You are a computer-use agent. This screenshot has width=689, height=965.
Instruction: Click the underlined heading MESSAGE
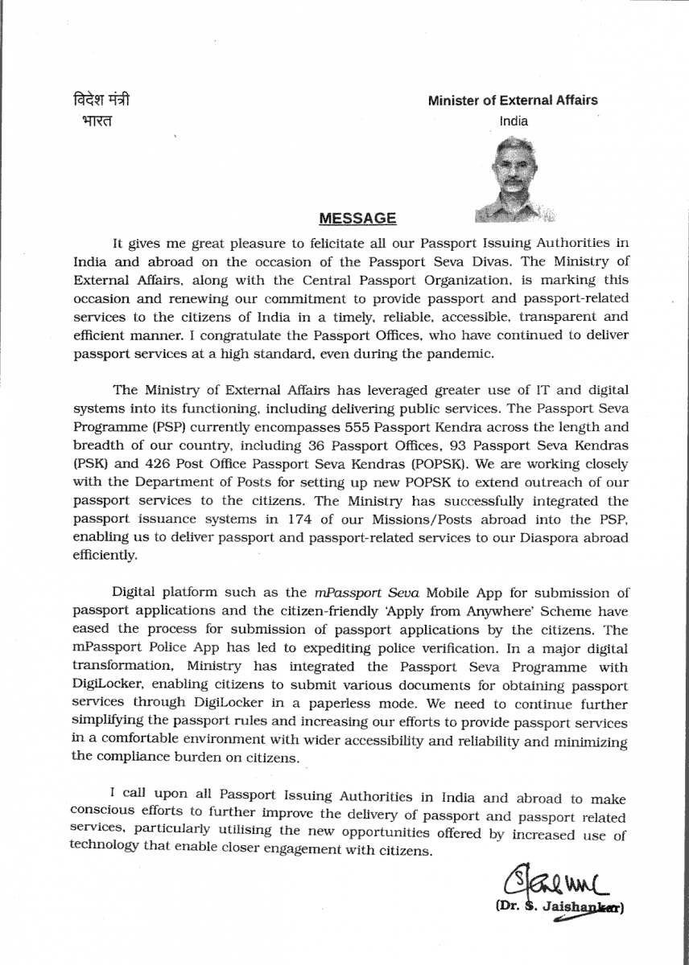tap(357, 218)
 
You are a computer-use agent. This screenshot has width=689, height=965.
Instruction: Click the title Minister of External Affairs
tap(513, 101)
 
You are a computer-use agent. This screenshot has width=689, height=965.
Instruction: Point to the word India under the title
tap(514, 121)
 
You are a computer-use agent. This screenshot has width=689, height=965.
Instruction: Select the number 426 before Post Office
tap(166, 464)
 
